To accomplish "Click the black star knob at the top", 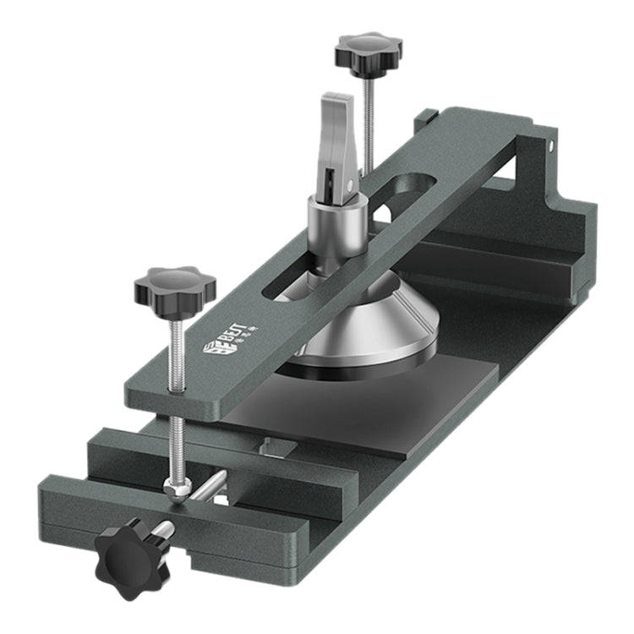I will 368,52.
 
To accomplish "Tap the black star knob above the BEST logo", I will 175,287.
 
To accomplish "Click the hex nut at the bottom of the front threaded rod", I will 174,489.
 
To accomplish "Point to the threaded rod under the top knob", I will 369,110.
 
